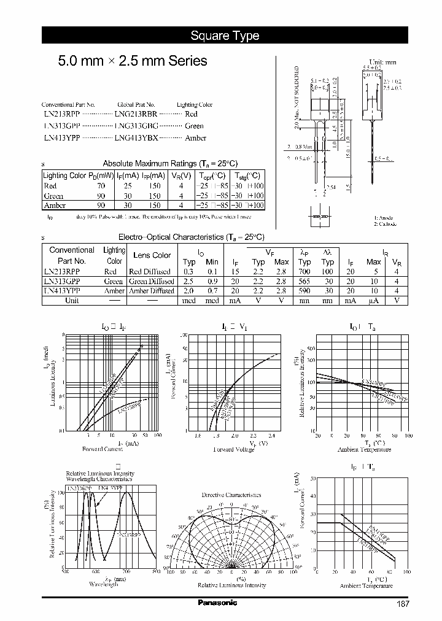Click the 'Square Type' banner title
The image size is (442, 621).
[225, 36]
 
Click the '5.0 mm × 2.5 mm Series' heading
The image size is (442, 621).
[132, 61]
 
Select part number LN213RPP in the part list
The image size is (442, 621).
[61, 114]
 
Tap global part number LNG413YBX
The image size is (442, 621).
[136, 138]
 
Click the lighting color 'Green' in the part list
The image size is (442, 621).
[194, 126]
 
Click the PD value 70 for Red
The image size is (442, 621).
[101, 185]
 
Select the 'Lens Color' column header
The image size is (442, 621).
[152, 255]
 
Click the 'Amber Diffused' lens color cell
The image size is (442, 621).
[152, 291]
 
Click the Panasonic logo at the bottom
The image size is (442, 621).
[217, 603]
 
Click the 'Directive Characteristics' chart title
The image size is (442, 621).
[231, 495]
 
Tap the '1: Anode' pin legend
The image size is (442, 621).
[384, 218]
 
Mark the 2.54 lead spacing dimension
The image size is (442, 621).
[331, 187]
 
